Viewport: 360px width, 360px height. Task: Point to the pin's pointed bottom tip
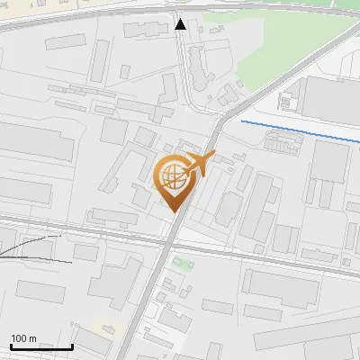(x=173, y=210)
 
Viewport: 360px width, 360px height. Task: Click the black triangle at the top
(x=181, y=24)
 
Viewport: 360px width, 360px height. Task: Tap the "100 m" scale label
(x=23, y=338)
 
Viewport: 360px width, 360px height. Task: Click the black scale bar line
(x=40, y=346)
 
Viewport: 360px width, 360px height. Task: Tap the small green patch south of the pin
(x=183, y=265)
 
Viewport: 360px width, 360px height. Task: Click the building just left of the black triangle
(x=140, y=30)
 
